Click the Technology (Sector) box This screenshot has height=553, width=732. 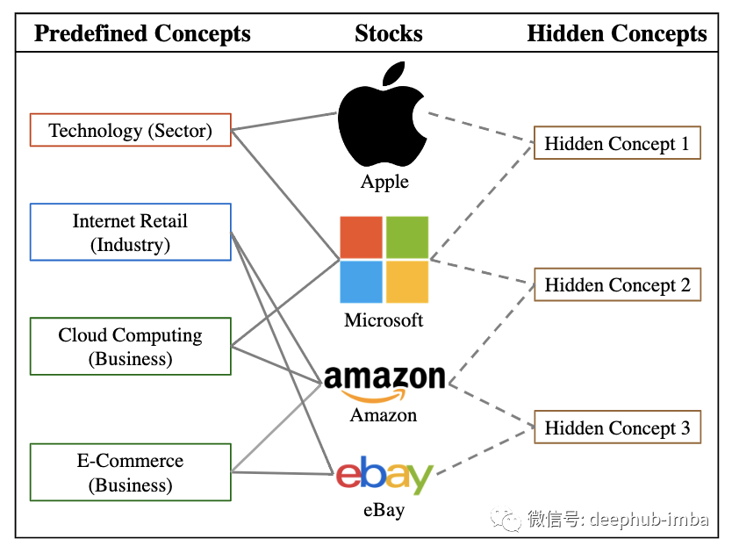[130, 130]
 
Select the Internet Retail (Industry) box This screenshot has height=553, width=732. [130, 233]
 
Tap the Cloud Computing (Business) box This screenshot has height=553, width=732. [130, 347]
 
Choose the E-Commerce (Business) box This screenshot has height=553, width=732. [130, 472]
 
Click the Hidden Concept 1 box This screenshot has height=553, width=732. [617, 144]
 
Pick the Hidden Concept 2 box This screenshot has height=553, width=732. [617, 285]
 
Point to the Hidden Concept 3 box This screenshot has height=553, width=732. [617, 428]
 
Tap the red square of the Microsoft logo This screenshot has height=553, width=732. [362, 237]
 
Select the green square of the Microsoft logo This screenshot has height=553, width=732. [407, 237]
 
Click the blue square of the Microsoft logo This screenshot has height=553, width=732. [362, 282]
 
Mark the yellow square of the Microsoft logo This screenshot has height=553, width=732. [407, 282]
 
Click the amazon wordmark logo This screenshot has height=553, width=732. [384, 381]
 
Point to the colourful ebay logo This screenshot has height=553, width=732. [384, 475]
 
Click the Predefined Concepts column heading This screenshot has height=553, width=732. [142, 34]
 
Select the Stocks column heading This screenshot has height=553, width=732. [389, 34]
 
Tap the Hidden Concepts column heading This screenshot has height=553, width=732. [617, 34]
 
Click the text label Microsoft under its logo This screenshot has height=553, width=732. [384, 320]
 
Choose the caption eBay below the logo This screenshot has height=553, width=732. [384, 509]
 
